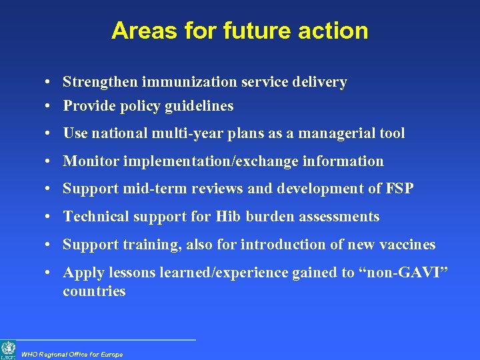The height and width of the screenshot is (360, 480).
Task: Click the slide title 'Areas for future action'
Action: (239, 31)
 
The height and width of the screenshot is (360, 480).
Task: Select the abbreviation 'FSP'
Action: (399, 189)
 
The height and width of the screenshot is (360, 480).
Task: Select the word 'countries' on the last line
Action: (94, 291)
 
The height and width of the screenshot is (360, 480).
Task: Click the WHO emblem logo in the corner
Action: (8, 349)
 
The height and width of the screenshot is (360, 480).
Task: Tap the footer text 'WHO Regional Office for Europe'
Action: (72, 355)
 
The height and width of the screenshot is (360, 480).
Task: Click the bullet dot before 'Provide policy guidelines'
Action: (51, 107)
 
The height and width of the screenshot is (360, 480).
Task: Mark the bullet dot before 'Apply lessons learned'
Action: (51, 273)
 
